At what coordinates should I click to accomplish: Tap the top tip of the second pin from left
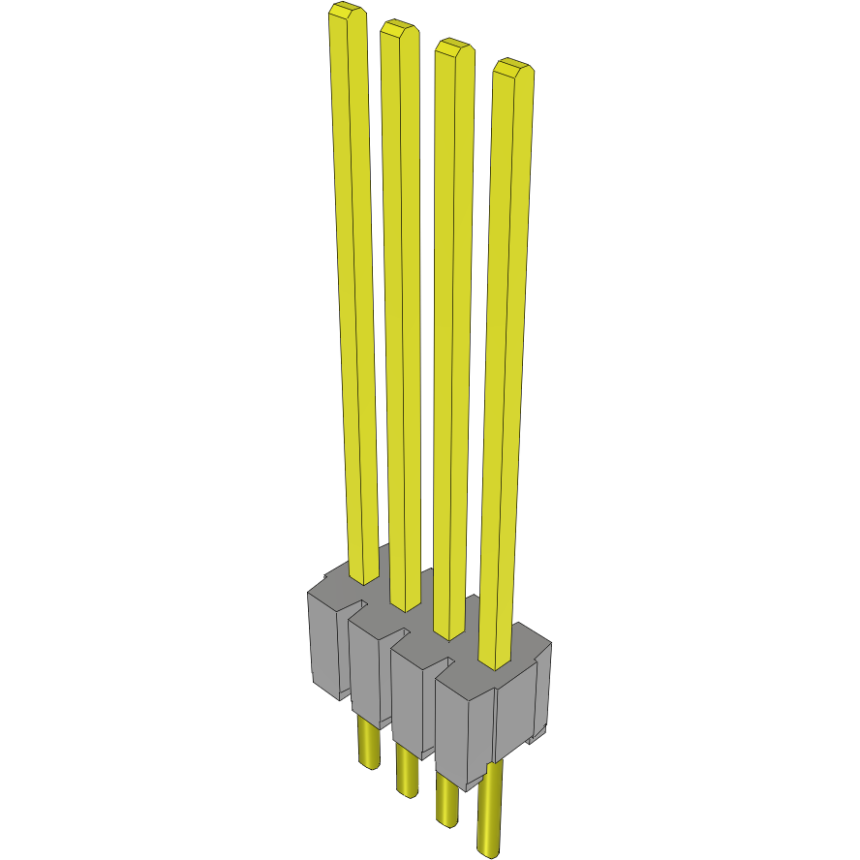point(398,29)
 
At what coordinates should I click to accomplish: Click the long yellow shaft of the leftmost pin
point(353,291)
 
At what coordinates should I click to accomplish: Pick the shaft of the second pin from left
point(402,310)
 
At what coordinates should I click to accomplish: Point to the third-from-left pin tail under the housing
point(447,799)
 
